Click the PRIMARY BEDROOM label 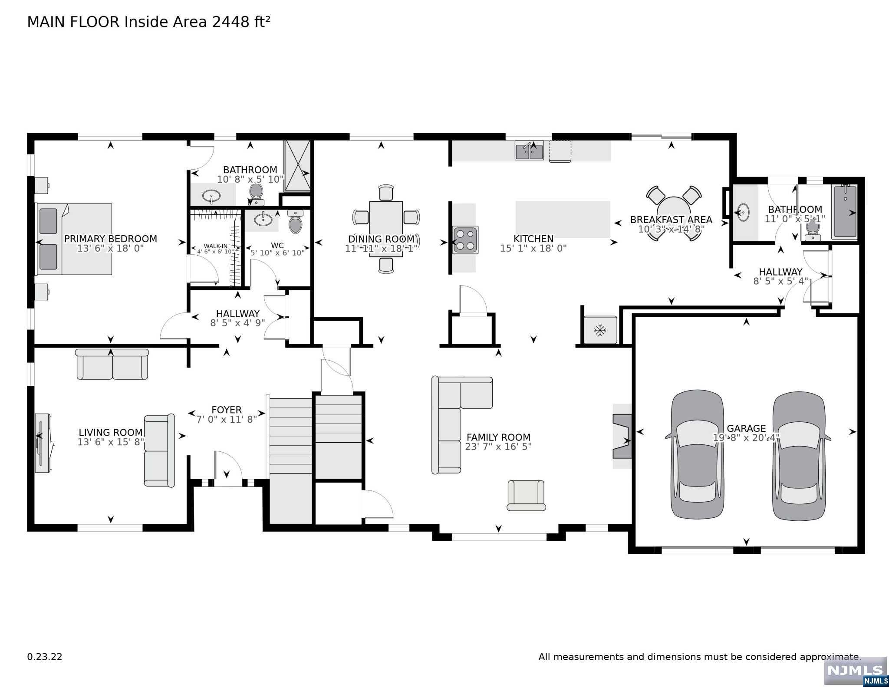click(x=111, y=239)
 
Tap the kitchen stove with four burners click(x=466, y=240)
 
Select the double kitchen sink click(x=529, y=150)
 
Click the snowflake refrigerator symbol click(x=600, y=330)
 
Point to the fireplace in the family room click(x=622, y=436)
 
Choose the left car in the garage click(x=697, y=454)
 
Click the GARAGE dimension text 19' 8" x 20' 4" click(x=747, y=438)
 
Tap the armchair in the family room click(x=526, y=496)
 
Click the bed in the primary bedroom click(x=74, y=239)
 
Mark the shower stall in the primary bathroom click(x=297, y=166)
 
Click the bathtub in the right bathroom click(x=844, y=212)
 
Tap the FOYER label click(x=227, y=410)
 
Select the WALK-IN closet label click(x=216, y=246)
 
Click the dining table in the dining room click(x=386, y=229)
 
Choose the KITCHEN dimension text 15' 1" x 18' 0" click(x=533, y=248)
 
